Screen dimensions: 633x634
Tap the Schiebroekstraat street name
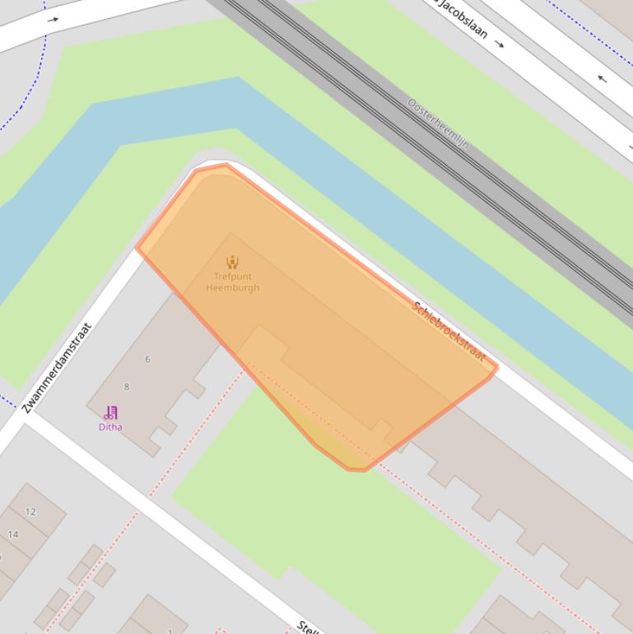click(x=448, y=330)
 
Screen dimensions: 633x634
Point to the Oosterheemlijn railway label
click(x=438, y=124)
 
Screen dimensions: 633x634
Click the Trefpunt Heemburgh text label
click(x=232, y=282)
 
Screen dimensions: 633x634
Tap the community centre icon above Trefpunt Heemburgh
click(x=232, y=262)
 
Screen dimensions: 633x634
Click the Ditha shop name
click(x=110, y=427)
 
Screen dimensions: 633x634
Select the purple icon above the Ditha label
click(x=110, y=413)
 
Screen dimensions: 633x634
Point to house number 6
click(x=148, y=359)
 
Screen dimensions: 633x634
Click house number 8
click(x=127, y=386)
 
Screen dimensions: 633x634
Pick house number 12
click(x=30, y=511)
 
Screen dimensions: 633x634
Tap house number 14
click(x=13, y=534)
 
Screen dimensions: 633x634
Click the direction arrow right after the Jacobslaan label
click(x=500, y=43)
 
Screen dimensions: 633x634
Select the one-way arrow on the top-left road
click(x=54, y=20)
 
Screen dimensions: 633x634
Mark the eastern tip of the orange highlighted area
click(x=497, y=367)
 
